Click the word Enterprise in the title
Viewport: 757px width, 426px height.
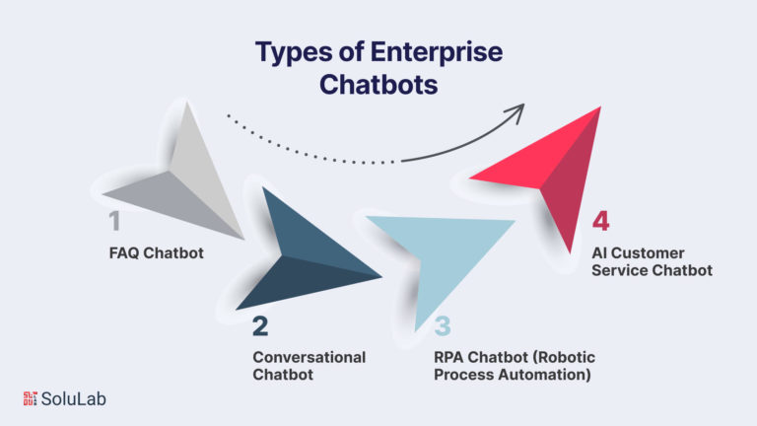tap(437, 52)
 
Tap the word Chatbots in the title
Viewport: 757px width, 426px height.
tap(378, 85)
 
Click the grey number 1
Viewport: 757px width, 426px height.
tap(114, 221)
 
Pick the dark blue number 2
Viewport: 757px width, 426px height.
tap(260, 326)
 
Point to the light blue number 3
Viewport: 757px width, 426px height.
tap(443, 326)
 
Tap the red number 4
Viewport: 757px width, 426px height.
tap(600, 221)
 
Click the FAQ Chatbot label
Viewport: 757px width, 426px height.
tap(157, 253)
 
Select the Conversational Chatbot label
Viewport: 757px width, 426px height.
tap(309, 366)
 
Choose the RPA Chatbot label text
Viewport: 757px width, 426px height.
tap(515, 366)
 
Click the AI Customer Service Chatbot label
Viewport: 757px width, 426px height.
tap(652, 261)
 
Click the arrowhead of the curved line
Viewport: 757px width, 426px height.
tap(516, 111)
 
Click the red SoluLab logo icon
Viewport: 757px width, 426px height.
tap(30, 398)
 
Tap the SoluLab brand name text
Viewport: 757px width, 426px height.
tap(73, 399)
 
